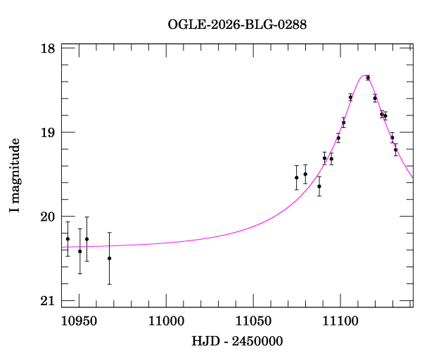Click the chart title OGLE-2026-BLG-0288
[237, 25]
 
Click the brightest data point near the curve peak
[368, 78]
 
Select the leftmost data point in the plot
[68, 239]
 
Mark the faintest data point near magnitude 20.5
[110, 258]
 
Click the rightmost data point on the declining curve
[396, 150]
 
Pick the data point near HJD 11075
[297, 177]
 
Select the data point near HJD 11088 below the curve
[319, 186]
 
